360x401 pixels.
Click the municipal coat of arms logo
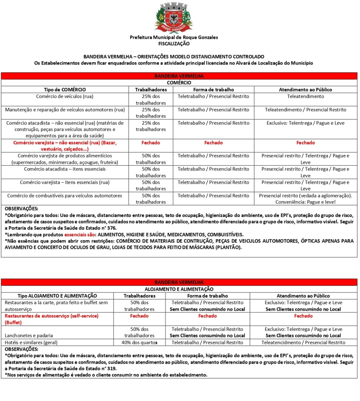click(x=174, y=17)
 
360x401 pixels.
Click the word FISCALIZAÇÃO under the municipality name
click(x=174, y=44)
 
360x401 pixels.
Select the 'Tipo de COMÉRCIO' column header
click(x=65, y=90)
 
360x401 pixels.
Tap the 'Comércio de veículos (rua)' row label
click(x=65, y=96)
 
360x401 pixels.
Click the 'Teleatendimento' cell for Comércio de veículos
click(x=305, y=96)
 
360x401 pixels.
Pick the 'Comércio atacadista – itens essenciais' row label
click(x=65, y=169)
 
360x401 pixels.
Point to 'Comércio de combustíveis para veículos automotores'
click(x=65, y=196)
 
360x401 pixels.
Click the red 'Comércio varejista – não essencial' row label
click(x=65, y=146)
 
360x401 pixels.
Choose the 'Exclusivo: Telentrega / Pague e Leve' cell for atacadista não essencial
click(x=305, y=123)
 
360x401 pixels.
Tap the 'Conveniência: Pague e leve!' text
click(x=305, y=202)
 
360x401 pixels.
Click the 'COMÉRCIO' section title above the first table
click(x=180, y=83)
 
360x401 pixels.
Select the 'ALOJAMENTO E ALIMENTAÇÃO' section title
click(x=179, y=289)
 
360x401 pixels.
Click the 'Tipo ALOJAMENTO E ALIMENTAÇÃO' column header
click(x=57, y=296)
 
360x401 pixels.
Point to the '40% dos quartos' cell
click(x=139, y=342)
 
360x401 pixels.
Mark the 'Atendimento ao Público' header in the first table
click(x=305, y=90)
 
